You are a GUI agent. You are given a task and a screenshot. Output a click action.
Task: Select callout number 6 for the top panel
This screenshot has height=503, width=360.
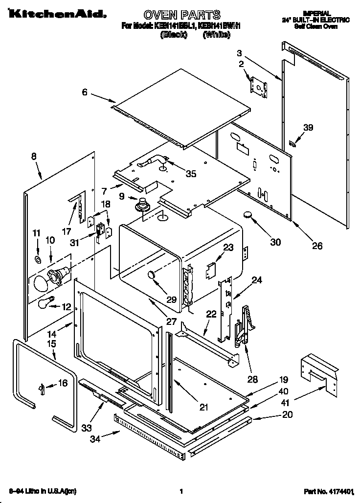(85, 92)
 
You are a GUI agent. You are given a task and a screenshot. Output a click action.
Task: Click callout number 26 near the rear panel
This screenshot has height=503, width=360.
(317, 246)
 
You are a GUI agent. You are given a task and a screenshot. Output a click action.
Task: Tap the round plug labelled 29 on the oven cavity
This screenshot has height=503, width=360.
(153, 276)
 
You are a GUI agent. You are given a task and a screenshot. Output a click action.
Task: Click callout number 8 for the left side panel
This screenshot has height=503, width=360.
(33, 157)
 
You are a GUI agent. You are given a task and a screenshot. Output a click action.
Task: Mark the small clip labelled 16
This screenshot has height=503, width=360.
(43, 388)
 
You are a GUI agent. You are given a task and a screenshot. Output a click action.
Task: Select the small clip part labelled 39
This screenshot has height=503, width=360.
(292, 143)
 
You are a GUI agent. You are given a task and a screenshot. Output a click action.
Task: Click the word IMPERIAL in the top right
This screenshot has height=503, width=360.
(317, 13)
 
